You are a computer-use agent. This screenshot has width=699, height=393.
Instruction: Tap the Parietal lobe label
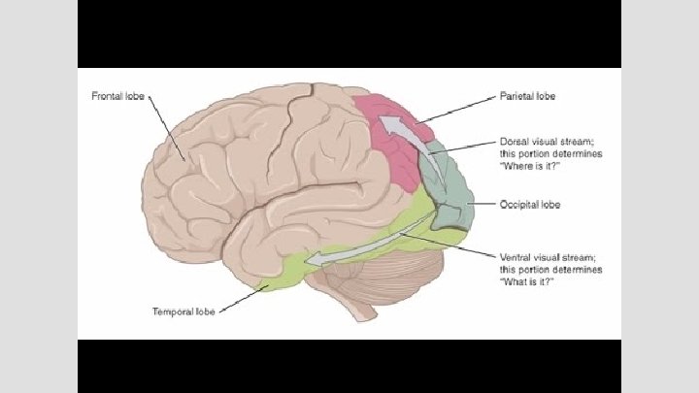click(x=527, y=96)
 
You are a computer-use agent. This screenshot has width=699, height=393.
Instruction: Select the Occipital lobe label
click(x=529, y=205)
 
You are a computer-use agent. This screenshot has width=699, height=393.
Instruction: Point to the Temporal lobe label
click(x=183, y=311)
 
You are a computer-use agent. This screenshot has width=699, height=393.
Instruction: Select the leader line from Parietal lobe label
click(x=457, y=110)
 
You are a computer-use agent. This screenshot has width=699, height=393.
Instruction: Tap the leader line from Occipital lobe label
click(x=484, y=204)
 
